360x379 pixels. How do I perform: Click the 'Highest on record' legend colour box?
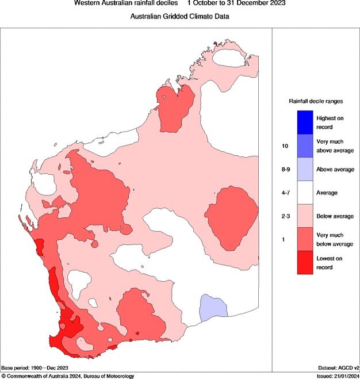304,121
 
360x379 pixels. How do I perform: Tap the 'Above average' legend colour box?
304,169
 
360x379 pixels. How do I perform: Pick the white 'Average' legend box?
304,193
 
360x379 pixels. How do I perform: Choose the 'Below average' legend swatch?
304,216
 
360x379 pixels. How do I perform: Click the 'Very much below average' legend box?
304,240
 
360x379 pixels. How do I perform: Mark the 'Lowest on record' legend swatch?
304,263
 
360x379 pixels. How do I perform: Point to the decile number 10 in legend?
285,146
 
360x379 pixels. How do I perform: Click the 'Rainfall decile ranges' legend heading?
316,101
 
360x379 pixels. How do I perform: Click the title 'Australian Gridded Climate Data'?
180,17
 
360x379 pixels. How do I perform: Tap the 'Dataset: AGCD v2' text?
338,367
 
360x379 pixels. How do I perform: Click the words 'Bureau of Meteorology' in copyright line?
106,376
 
